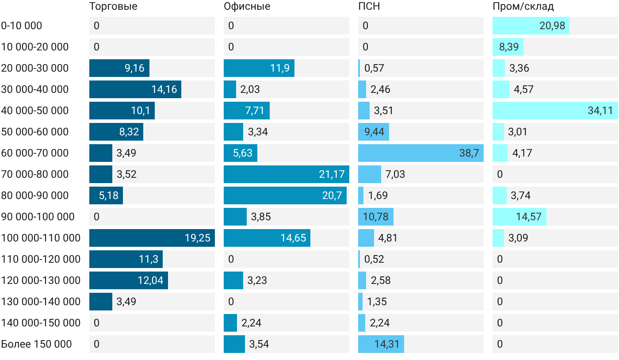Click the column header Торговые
(x=113, y=6)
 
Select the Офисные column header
(x=247, y=6)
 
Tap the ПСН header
(x=369, y=6)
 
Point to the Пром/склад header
(x=523, y=6)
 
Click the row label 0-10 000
(x=22, y=26)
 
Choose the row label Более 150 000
(x=36, y=344)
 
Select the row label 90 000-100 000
(x=38, y=217)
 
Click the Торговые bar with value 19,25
(x=152, y=238)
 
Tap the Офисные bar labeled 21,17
(x=287, y=174)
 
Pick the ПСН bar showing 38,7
(x=421, y=153)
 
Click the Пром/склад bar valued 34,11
(x=555, y=111)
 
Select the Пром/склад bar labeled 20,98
(x=531, y=26)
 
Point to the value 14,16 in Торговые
(x=164, y=89)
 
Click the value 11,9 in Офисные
(x=280, y=68)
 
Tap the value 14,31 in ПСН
(x=387, y=344)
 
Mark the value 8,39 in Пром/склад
(x=509, y=47)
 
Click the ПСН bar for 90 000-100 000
(x=376, y=217)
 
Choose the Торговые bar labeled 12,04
(x=129, y=280)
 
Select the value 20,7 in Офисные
(x=332, y=195)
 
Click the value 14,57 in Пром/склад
(x=529, y=217)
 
